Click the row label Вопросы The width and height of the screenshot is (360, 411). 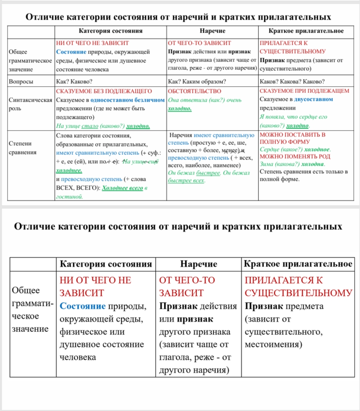[x=21, y=82]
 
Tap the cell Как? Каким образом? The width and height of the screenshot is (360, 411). [x=197, y=82]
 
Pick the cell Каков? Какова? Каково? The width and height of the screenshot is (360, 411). [x=292, y=82]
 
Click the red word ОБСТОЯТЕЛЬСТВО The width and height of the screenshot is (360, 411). [x=194, y=91]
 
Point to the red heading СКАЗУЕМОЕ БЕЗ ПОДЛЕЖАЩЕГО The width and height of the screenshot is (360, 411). [x=104, y=91]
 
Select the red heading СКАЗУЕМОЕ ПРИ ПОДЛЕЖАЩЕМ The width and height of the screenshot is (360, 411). [x=304, y=91]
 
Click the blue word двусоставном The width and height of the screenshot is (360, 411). [x=314, y=100]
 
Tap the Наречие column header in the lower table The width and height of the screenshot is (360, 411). [x=199, y=264]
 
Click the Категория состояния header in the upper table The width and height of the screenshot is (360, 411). [x=110, y=31]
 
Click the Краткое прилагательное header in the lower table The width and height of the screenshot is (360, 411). [x=298, y=264]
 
